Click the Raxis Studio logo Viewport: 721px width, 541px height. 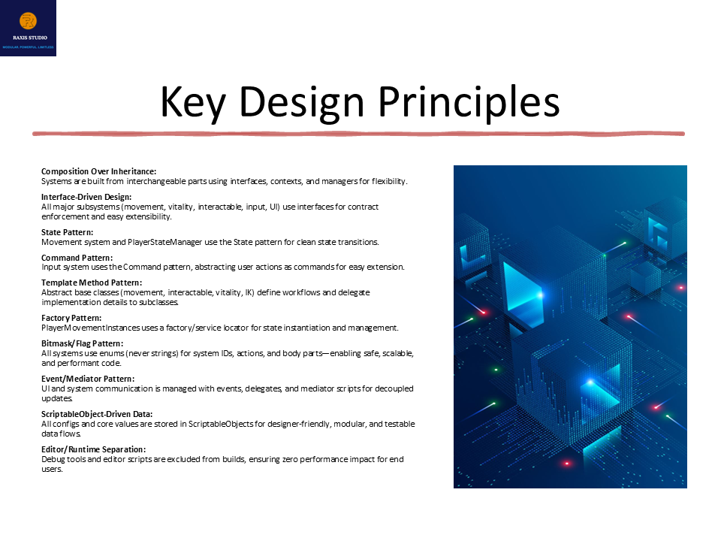click(28, 28)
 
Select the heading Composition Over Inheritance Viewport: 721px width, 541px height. click(98, 172)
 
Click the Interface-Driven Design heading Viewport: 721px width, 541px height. click(86, 197)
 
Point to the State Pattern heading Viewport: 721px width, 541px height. click(67, 233)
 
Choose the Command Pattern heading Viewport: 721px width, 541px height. click(77, 258)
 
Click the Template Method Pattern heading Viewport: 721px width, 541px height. click(91, 283)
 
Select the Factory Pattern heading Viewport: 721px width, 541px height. click(71, 319)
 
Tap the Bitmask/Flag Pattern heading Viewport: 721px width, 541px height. click(83, 343)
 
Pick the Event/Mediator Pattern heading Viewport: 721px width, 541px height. click(88, 379)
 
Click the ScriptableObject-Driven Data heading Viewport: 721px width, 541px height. click(96, 414)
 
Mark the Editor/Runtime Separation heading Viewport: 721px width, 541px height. click(93, 449)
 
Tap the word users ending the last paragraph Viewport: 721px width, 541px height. click(51, 469)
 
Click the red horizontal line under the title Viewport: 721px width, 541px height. click(358, 134)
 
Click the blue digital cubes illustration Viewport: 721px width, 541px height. click(570, 326)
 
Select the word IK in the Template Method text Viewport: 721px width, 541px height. click(249, 292)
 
